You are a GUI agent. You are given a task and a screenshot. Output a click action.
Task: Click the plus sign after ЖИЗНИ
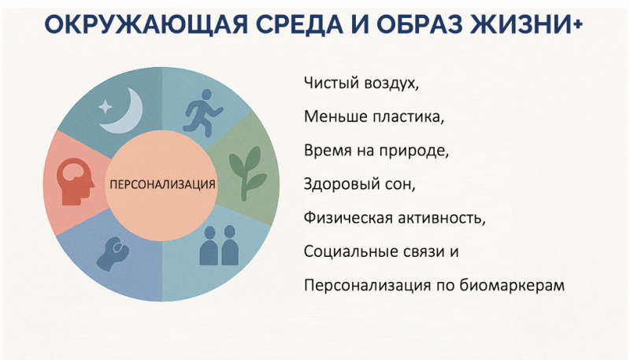point(579,25)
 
